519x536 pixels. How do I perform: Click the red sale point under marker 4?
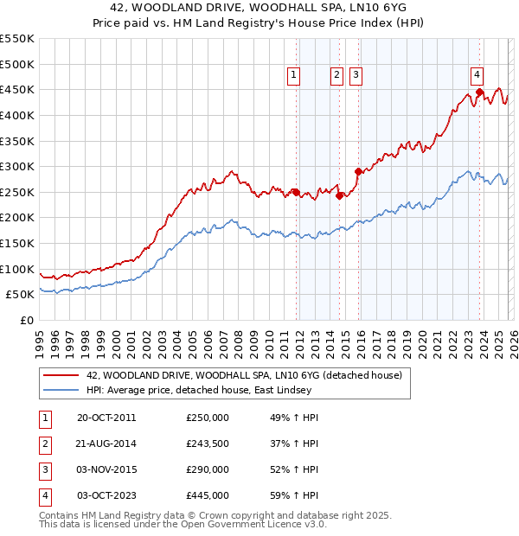pos(478,93)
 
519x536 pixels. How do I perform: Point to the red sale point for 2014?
pos(339,195)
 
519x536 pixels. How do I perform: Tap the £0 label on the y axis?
pos(26,320)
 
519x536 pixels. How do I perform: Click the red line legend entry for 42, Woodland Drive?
pos(244,376)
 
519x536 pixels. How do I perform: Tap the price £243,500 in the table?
pos(208,444)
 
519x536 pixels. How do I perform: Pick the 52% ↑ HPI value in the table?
pos(294,470)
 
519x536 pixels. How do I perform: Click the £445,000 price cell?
pos(208,496)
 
